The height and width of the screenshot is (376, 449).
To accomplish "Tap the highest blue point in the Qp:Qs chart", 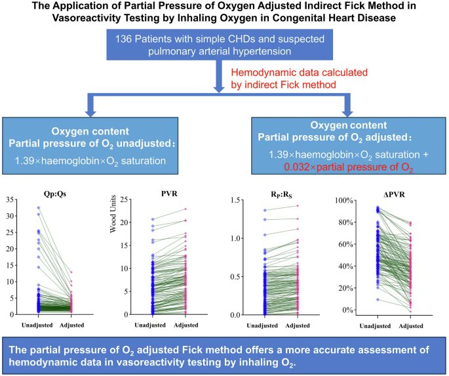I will (38, 208).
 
